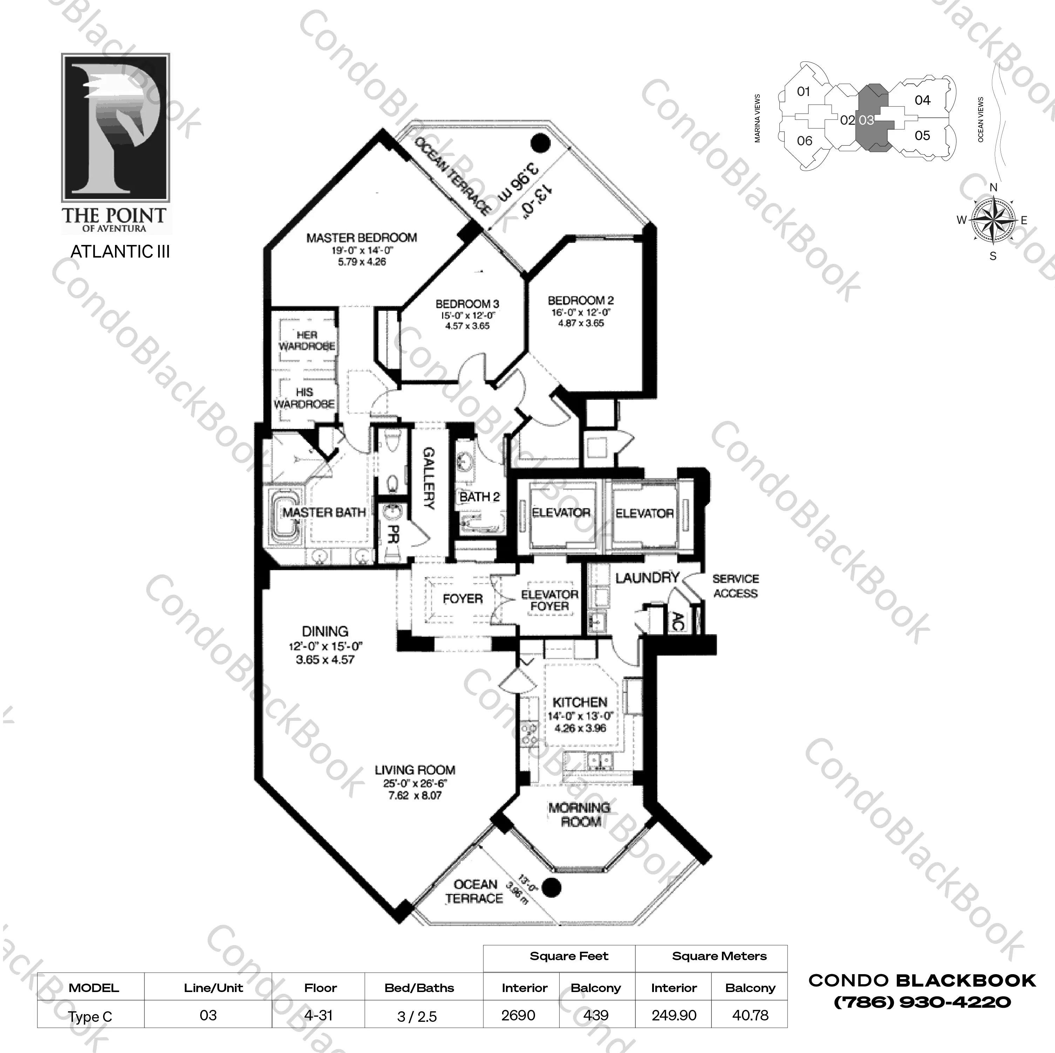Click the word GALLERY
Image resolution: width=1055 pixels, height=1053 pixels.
click(x=429, y=478)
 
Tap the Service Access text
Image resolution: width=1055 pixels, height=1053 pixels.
click(x=735, y=586)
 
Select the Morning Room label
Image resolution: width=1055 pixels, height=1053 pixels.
click(x=579, y=814)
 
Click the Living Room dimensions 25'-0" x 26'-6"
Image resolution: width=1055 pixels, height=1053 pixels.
click(x=414, y=783)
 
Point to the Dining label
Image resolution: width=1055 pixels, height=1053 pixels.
click(x=325, y=631)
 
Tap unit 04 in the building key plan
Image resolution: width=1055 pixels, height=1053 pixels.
click(x=922, y=100)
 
